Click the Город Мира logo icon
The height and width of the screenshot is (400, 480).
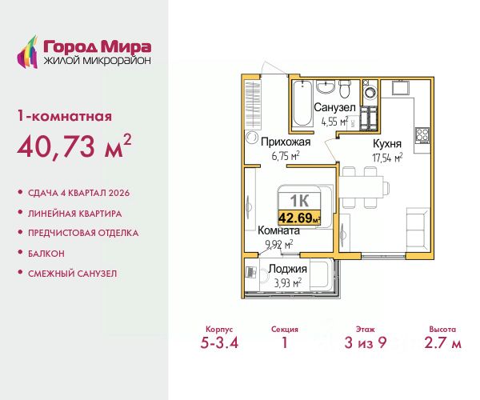[x=27, y=52]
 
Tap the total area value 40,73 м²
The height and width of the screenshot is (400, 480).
[x=74, y=146]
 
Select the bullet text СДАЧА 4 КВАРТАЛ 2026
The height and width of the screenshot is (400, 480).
[x=78, y=193]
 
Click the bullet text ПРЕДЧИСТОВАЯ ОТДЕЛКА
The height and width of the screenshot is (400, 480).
[x=83, y=234]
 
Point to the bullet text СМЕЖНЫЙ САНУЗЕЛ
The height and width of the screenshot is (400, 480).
[x=73, y=274]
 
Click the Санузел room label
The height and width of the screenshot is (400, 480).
[x=334, y=108]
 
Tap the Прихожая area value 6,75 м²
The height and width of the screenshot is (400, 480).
[x=286, y=156]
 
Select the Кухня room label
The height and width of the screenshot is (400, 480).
[x=387, y=143]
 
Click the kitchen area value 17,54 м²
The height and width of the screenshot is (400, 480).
[x=387, y=158]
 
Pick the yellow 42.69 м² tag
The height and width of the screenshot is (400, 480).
[x=299, y=218]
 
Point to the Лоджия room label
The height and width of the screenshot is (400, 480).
[x=287, y=269]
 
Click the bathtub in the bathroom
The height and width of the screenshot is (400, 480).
[x=302, y=103]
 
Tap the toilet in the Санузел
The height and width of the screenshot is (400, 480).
[x=345, y=89]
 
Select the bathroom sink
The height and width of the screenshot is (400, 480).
[x=325, y=87]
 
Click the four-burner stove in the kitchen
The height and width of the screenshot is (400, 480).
[x=422, y=135]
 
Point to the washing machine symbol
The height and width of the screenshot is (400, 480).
[x=370, y=92]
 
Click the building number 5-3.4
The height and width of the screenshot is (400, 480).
[x=219, y=342]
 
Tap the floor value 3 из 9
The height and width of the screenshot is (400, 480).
[x=366, y=342]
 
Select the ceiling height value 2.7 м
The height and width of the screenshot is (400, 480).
[x=442, y=342]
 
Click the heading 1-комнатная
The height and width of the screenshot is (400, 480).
[x=65, y=117]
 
